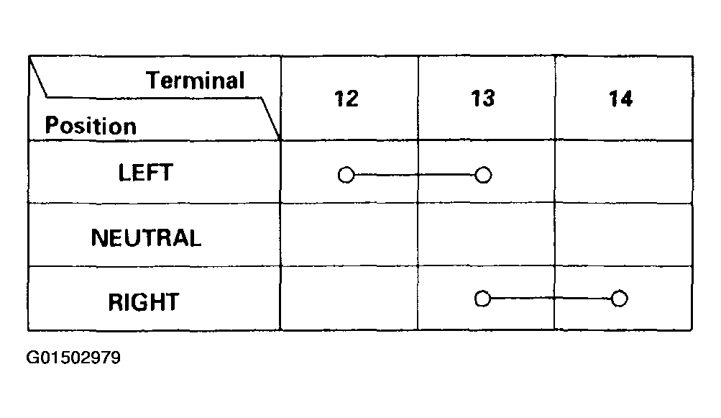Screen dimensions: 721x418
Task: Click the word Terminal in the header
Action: [x=196, y=81]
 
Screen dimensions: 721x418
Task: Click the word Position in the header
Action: [x=91, y=126]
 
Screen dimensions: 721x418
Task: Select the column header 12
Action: [x=346, y=99]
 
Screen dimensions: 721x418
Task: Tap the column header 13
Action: [x=483, y=99]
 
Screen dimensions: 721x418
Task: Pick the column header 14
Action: [x=620, y=99]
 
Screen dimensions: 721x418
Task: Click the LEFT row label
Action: [x=145, y=173]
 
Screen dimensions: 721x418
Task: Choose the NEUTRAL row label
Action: [x=146, y=238]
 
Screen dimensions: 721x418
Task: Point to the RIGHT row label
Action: [x=144, y=302]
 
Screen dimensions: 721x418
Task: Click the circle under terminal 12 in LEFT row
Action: [x=346, y=175]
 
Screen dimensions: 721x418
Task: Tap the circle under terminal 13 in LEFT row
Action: [x=483, y=175]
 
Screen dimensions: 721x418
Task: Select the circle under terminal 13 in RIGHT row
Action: [x=482, y=299]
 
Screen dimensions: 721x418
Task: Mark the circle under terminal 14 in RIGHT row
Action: [x=620, y=299]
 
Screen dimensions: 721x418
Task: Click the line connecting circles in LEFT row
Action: [x=414, y=175]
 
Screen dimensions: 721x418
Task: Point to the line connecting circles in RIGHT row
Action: [x=551, y=299]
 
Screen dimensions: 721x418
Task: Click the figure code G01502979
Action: [x=73, y=358]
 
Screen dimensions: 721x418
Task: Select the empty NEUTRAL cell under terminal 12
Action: [x=349, y=235]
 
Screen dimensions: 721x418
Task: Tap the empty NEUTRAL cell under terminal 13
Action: [x=486, y=235]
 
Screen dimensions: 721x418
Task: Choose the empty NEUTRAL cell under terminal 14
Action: [x=623, y=235]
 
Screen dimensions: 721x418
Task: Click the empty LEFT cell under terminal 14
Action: [x=623, y=172]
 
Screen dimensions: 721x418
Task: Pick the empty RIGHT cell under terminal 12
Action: [x=349, y=299]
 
